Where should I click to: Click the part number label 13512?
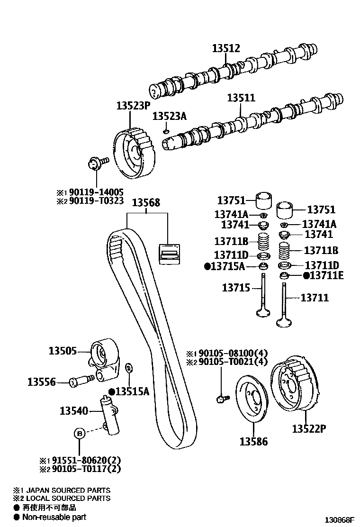click(226, 48)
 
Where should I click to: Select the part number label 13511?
click(241, 98)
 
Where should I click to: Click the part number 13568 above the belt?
click(146, 202)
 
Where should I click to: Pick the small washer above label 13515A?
click(128, 368)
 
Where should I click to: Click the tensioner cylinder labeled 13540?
click(109, 413)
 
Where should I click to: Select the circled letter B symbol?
click(80, 433)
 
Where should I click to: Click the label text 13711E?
click(326, 275)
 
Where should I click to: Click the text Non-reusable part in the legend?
click(54, 517)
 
